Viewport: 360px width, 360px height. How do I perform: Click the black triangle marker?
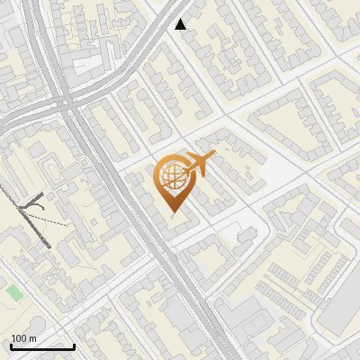point(181,24)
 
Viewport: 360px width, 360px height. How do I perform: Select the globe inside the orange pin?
point(171,177)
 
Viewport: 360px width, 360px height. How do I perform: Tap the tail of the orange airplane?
point(183,169)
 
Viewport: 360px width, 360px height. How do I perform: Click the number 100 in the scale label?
point(19,338)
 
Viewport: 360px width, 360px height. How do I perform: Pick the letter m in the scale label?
point(32,338)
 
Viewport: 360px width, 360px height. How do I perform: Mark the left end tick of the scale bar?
point(11,346)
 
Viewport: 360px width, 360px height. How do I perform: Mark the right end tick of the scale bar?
point(74,346)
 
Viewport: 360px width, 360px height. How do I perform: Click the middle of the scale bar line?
point(42,347)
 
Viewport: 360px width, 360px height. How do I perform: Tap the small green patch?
point(14,292)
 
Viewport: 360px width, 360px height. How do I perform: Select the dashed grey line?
point(54,219)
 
